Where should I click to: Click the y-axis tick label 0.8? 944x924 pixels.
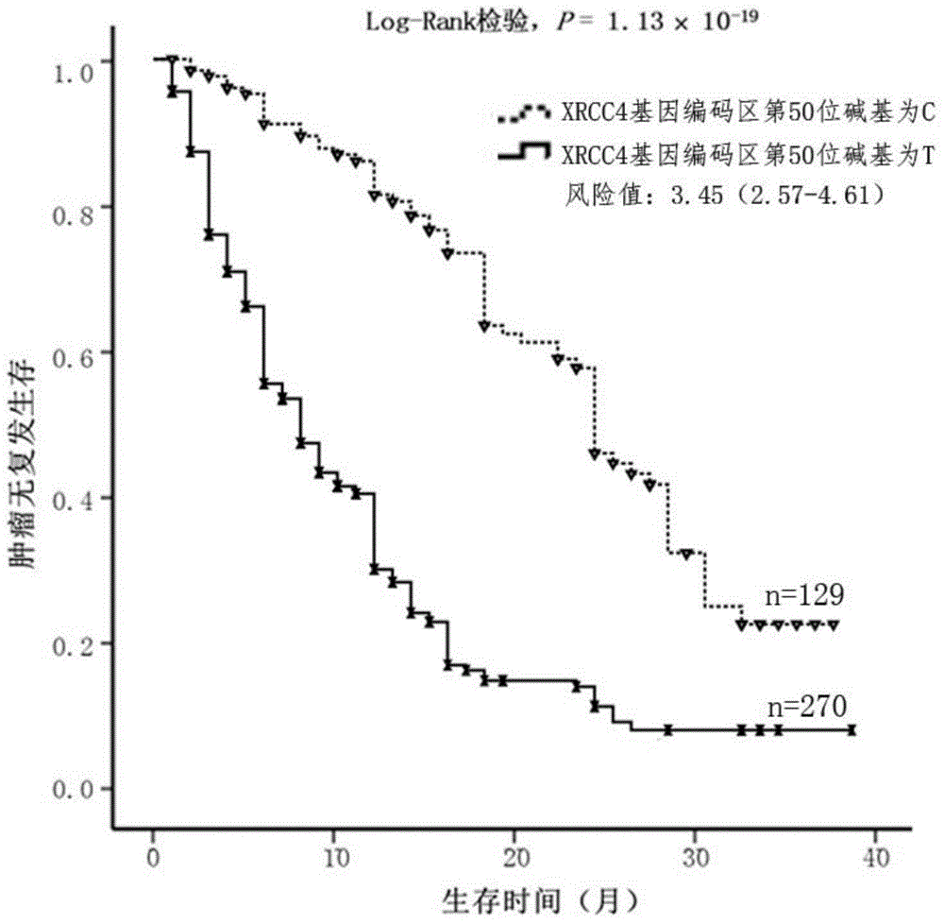point(74,215)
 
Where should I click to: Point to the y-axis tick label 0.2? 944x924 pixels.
point(74,647)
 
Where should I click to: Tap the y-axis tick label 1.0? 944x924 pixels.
point(74,73)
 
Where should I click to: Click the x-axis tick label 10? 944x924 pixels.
point(335,856)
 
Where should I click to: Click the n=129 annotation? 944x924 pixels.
point(804,595)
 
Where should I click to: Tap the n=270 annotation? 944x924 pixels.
point(807,706)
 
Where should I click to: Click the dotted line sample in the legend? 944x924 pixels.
point(524,113)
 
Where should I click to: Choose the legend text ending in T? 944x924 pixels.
point(748,155)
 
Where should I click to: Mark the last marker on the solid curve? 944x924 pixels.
point(851,730)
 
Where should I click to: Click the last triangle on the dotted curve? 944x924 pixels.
point(834,625)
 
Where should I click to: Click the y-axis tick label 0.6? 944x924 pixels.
point(74,358)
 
